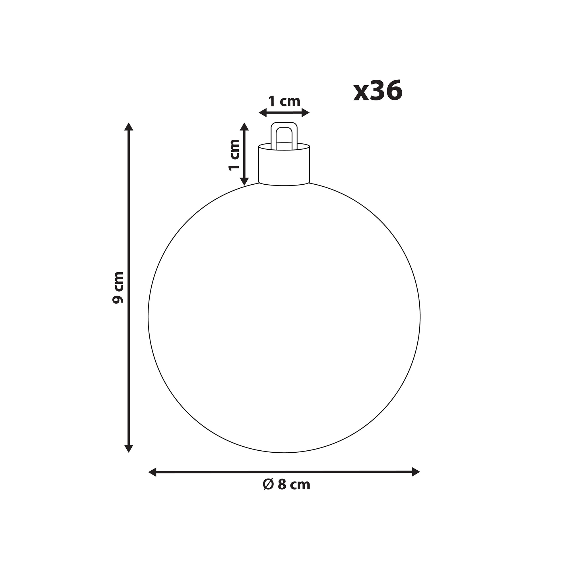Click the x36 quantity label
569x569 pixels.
[x=378, y=91]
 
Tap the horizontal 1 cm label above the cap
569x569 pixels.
[x=284, y=102]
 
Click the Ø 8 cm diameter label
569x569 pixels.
[x=286, y=485]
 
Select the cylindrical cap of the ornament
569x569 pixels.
[x=284, y=165]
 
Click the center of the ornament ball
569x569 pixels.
[x=284, y=318]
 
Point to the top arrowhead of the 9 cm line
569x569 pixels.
[x=129, y=127]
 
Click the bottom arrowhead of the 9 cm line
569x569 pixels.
[x=129, y=449]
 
